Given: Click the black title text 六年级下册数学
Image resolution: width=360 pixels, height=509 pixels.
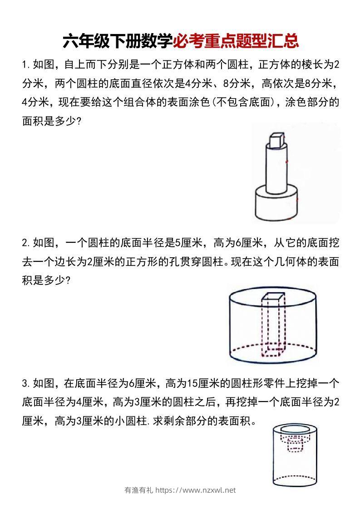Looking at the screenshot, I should [118, 41].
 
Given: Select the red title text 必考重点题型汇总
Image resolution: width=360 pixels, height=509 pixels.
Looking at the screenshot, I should [236, 41].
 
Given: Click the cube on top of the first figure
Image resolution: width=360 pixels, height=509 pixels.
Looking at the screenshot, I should [276, 141].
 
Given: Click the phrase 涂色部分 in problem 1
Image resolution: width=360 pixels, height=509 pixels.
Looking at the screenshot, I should [312, 103].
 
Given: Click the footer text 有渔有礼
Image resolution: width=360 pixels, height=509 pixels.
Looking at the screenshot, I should [138, 490].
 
